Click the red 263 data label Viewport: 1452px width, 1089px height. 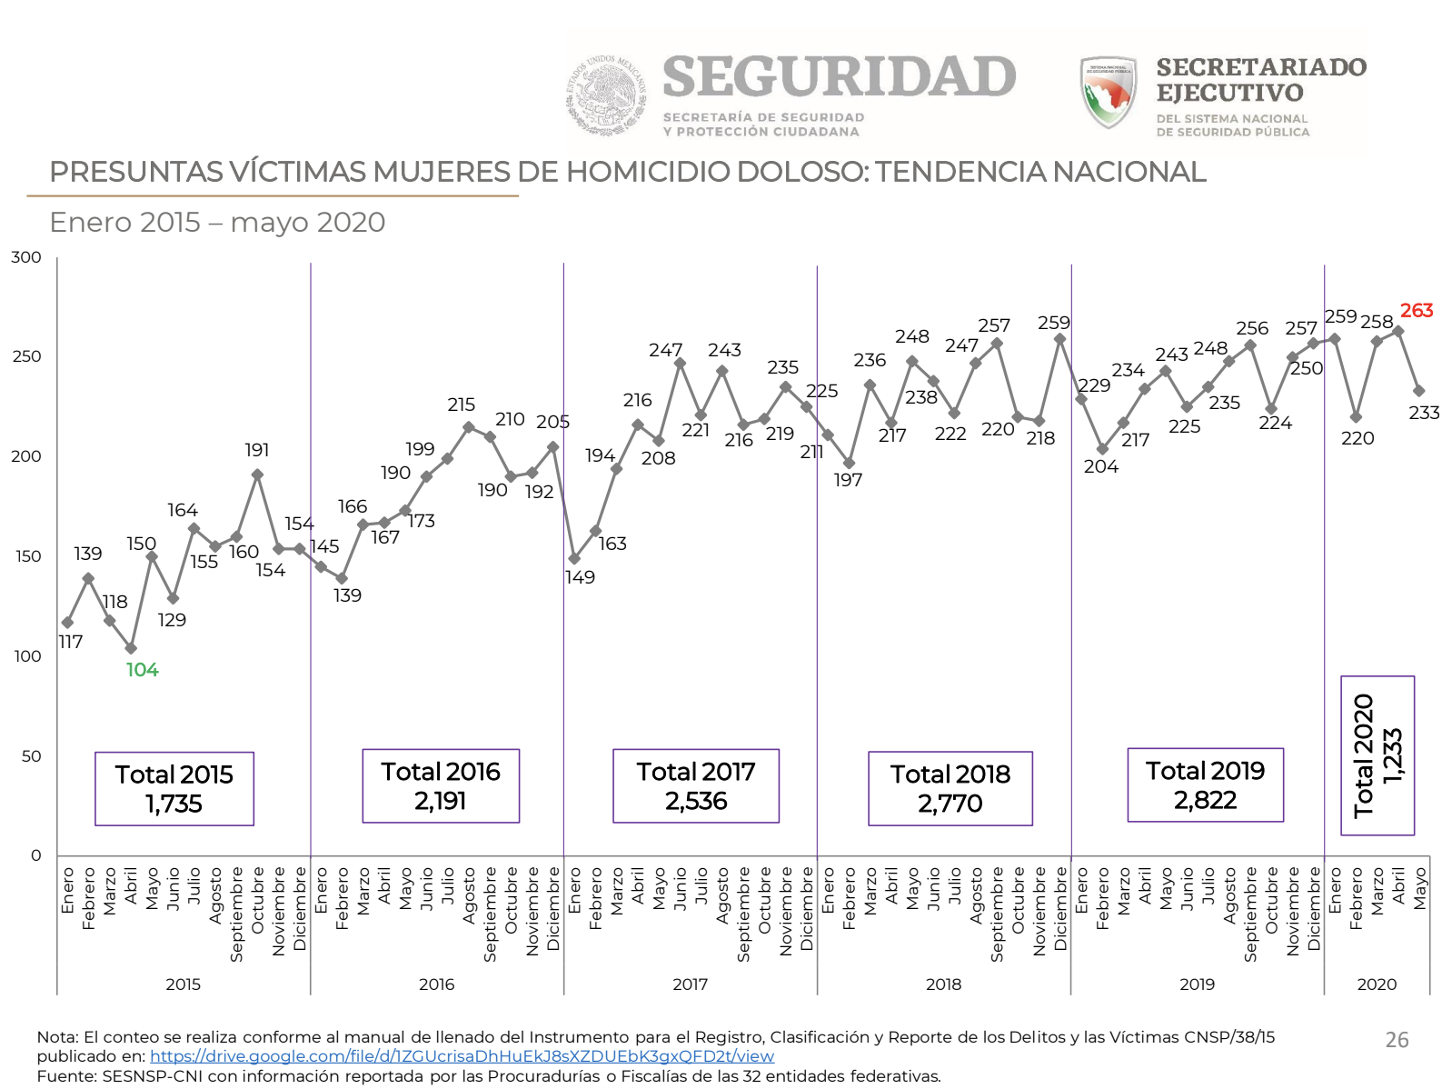pyautogui.click(x=1416, y=311)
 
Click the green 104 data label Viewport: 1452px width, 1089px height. pyautogui.click(x=142, y=670)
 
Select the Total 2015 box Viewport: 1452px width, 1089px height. pyautogui.click(x=174, y=788)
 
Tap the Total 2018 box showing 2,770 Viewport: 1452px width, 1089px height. pyautogui.click(x=950, y=788)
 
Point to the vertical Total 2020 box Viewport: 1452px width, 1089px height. pyautogui.click(x=1377, y=755)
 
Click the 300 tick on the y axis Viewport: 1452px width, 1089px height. pyautogui.click(x=26, y=257)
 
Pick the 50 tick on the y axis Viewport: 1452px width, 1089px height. pyautogui.click(x=31, y=756)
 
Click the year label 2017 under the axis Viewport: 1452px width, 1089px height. pyautogui.click(x=690, y=984)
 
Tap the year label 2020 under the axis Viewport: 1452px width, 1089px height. pyautogui.click(x=1377, y=984)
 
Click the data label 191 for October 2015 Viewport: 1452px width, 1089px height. pyautogui.click(x=257, y=450)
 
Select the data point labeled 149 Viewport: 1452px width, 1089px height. pyautogui.click(x=574, y=558)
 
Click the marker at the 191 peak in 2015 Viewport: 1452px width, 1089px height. pyautogui.click(x=257, y=475)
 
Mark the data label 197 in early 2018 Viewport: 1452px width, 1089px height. pyautogui.click(x=848, y=480)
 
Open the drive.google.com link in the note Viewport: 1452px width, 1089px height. pyautogui.click(x=462, y=1056)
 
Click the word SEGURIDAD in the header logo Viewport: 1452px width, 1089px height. pyautogui.click(x=839, y=76)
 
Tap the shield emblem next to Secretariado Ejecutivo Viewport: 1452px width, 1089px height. pyautogui.click(x=1108, y=91)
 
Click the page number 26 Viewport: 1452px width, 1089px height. pyautogui.click(x=1397, y=1040)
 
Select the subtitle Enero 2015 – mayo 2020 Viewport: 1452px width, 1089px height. pyautogui.click(x=217, y=223)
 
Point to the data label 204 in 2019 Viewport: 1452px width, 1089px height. pyautogui.click(x=1100, y=466)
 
